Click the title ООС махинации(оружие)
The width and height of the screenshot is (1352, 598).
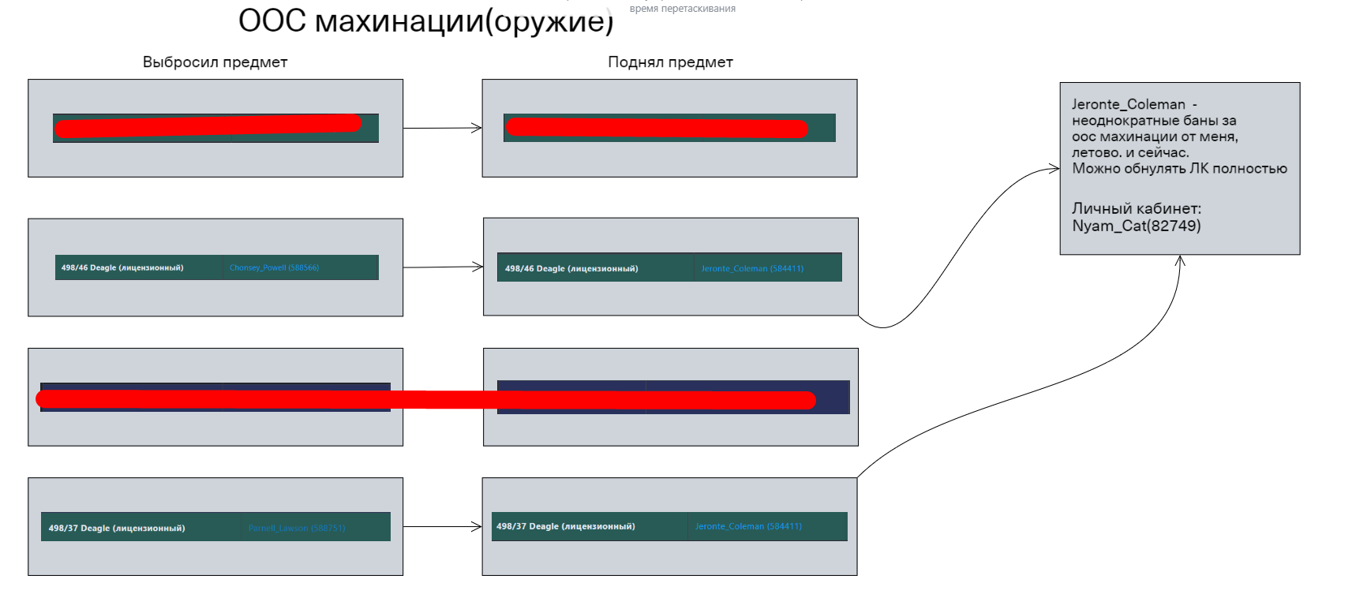(425, 21)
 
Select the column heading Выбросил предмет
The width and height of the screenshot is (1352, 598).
(215, 62)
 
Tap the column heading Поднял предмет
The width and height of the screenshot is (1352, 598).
(670, 62)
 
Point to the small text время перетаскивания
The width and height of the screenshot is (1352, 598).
(682, 9)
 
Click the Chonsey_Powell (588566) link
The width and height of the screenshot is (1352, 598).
(274, 268)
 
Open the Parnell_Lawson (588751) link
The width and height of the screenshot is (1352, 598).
(297, 529)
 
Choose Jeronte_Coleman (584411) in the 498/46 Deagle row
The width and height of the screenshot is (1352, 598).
(752, 269)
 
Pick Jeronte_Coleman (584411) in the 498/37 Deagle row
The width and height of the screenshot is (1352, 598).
(748, 526)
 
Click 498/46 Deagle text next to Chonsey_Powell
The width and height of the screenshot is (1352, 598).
(122, 268)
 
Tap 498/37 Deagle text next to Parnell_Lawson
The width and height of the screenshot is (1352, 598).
(117, 529)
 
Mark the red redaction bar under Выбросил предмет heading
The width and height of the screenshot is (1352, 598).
(208, 126)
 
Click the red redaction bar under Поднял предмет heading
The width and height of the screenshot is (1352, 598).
(657, 128)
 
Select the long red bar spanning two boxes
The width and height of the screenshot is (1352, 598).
(426, 400)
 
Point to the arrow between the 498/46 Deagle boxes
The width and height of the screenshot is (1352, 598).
(443, 267)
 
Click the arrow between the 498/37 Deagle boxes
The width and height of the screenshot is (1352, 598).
(443, 526)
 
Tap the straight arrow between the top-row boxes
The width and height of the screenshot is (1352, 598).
(443, 128)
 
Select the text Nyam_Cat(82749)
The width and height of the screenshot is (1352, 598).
(1136, 226)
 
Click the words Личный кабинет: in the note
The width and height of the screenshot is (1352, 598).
(1136, 209)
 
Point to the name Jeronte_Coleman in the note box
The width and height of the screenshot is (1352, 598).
(1128, 104)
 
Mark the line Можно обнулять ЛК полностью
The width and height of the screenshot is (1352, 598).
(1179, 169)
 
